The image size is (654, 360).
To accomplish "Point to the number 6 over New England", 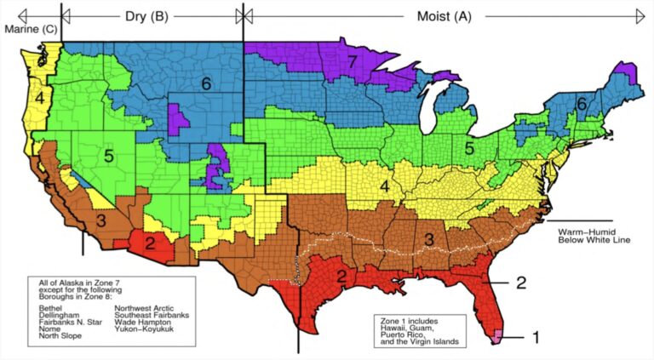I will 581,103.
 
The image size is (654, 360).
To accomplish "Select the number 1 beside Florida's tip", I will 536,337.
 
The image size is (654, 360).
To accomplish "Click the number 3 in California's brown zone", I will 100,220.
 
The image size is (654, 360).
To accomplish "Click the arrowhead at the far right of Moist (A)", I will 640,14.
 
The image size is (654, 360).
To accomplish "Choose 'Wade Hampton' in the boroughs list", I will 142,323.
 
